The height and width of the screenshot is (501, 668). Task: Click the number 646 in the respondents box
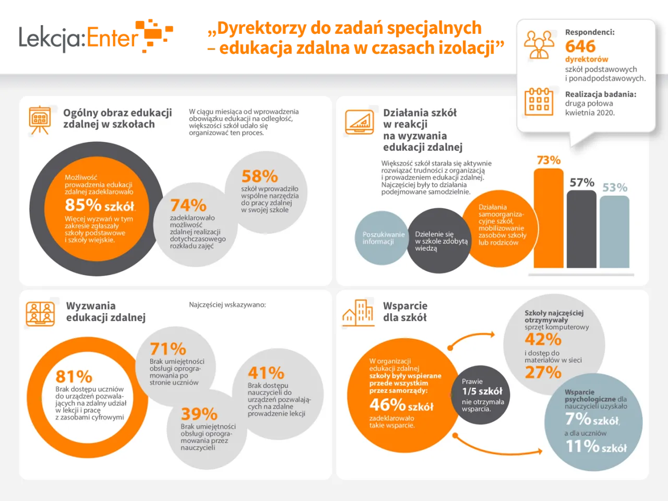(x=580, y=46)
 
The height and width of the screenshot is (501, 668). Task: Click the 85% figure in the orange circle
(x=83, y=205)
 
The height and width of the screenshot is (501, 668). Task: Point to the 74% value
(x=188, y=205)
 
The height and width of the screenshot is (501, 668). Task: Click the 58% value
(x=259, y=176)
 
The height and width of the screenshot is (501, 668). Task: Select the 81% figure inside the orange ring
(x=74, y=376)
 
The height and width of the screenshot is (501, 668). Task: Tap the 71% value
(x=168, y=349)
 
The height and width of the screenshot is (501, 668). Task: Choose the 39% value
(x=199, y=414)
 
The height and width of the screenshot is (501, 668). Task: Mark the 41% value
(x=266, y=373)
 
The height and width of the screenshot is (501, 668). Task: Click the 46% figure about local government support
(x=387, y=404)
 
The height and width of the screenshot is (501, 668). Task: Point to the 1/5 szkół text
(x=482, y=391)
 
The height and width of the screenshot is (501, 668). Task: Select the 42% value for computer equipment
(x=543, y=339)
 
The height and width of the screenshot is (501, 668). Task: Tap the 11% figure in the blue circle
(x=582, y=446)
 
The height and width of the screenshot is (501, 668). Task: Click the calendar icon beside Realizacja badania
(x=539, y=101)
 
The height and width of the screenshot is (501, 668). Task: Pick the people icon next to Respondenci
(x=539, y=44)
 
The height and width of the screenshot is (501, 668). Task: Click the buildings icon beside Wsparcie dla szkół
(x=358, y=313)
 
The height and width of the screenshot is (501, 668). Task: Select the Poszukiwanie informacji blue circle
(x=381, y=238)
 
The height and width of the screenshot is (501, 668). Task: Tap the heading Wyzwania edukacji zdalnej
(x=105, y=312)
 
